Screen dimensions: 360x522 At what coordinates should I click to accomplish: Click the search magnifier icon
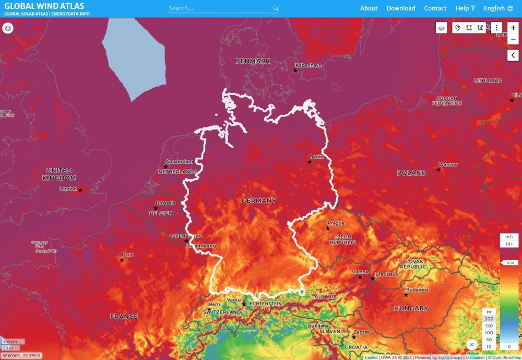pos(276,8)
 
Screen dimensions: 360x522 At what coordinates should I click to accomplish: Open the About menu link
pos(369,8)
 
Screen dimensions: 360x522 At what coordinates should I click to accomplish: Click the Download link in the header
pos(401,8)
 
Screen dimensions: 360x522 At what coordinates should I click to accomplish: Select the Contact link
pos(435,8)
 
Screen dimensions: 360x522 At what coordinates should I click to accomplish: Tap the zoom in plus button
pos(514,28)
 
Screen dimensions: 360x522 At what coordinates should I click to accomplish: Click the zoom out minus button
pos(514,40)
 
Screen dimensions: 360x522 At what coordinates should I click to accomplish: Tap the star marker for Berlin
pos(310,162)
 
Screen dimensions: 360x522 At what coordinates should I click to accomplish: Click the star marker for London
pos(80,190)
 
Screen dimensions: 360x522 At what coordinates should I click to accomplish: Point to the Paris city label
pos(127,255)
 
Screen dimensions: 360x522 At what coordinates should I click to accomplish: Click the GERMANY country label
pos(259,201)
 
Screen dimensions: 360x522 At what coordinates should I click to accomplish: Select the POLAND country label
pos(411,173)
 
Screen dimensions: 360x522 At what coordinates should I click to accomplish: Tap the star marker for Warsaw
pos(438,169)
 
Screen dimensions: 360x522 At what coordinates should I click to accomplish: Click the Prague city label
pos(336,223)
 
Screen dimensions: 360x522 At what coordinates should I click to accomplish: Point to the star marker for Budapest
pos(406,295)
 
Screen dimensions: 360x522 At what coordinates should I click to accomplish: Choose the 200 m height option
pos(489,318)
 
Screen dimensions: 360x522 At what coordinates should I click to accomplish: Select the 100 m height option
pos(489,332)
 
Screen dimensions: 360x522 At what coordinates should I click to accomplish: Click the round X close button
pos(472,344)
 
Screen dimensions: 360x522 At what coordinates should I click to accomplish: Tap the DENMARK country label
pos(253,61)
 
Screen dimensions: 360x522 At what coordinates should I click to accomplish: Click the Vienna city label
pos(360,272)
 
